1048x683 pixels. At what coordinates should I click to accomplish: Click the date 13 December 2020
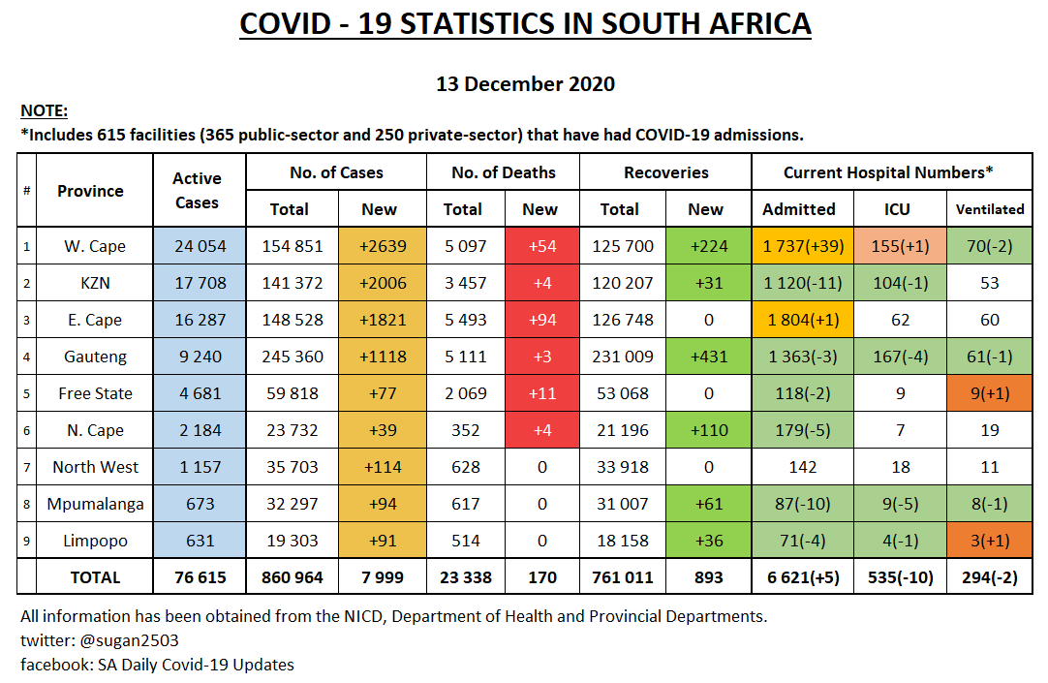[x=525, y=84]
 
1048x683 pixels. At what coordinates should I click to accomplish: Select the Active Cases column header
[x=197, y=191]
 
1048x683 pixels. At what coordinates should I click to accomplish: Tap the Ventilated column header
[x=989, y=209]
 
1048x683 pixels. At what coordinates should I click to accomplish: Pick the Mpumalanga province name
[x=96, y=504]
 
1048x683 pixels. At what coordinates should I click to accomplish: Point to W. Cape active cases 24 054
[x=200, y=246]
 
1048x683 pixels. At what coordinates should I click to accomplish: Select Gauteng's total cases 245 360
[x=293, y=357]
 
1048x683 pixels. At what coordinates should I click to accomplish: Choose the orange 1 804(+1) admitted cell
[x=802, y=320]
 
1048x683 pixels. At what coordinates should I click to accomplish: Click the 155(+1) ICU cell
[x=900, y=246]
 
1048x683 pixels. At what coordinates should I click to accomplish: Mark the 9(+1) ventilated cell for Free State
[x=989, y=393]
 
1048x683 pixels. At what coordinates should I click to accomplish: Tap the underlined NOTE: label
[x=44, y=110]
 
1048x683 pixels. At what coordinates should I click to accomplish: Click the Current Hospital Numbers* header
[x=888, y=172]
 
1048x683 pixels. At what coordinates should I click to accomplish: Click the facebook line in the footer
[x=157, y=665]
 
